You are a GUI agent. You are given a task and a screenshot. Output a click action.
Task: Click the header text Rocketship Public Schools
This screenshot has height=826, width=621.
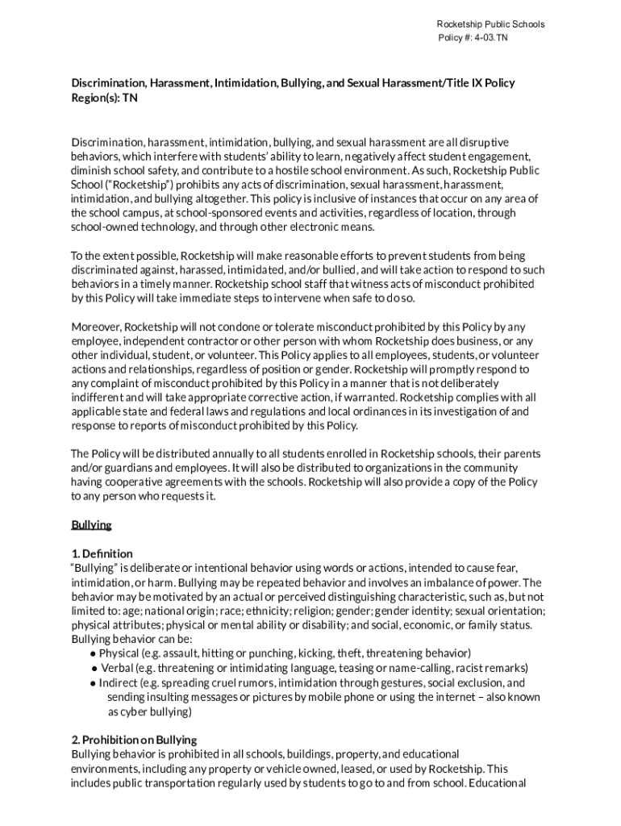coord(490,24)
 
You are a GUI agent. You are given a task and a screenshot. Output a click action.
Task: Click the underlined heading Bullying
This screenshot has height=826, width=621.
coord(91,525)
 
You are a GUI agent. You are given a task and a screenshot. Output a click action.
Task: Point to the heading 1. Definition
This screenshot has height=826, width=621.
coord(102,553)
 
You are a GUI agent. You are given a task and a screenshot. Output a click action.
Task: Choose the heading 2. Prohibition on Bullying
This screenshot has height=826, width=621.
coord(134,740)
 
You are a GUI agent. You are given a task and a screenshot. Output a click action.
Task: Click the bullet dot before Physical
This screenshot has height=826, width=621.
coord(94,653)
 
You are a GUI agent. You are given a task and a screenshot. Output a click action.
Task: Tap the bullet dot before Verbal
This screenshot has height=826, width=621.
coord(94,668)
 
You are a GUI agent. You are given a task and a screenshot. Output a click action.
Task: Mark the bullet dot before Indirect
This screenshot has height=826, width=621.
coord(94,683)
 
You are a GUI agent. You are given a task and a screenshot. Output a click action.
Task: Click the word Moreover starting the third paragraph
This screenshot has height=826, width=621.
coord(95,327)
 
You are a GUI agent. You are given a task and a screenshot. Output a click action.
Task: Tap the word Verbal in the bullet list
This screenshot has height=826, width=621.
coord(116,668)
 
